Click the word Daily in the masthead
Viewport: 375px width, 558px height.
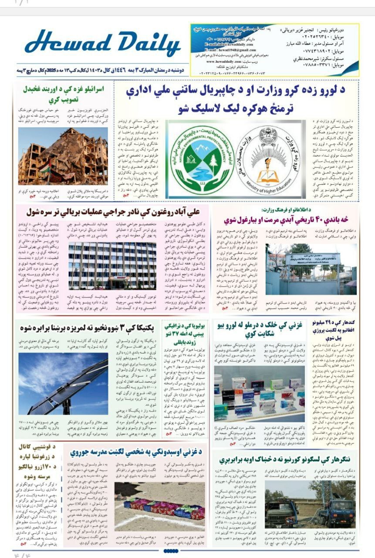coord(138,44)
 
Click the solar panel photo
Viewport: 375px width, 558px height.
coord(63,384)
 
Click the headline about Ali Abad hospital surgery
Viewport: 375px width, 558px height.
coord(112,213)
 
